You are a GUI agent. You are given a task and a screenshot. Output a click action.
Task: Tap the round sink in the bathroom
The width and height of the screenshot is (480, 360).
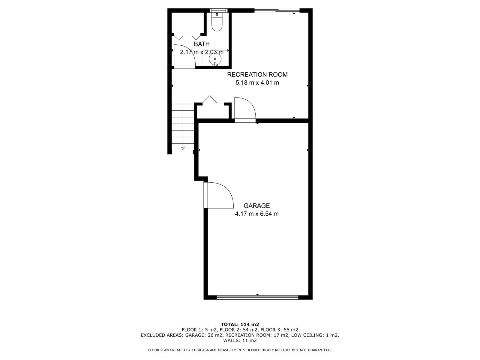[x=215, y=59]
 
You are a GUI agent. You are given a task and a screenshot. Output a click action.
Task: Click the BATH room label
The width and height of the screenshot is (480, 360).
[x=202, y=44]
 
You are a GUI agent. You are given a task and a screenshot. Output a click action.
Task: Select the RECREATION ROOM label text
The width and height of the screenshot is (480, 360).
[x=257, y=74]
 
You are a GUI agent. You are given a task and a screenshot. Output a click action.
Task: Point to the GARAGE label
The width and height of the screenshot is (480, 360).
[x=256, y=206]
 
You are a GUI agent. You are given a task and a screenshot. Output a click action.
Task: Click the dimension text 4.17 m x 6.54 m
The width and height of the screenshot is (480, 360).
[x=256, y=214]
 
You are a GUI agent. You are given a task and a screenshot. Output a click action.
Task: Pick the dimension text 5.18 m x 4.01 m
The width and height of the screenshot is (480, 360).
[x=257, y=83]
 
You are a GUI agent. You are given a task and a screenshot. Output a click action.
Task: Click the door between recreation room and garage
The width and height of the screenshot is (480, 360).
[x=244, y=109]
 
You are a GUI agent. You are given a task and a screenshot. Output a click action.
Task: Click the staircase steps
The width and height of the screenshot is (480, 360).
[x=183, y=126]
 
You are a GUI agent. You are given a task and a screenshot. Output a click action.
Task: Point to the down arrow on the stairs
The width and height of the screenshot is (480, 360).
[x=183, y=148]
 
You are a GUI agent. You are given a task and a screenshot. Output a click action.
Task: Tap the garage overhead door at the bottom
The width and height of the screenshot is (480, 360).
[x=257, y=297]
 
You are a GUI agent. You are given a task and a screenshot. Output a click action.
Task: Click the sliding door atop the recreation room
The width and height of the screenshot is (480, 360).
[x=277, y=11]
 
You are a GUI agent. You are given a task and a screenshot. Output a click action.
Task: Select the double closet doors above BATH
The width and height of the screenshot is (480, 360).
[x=187, y=37]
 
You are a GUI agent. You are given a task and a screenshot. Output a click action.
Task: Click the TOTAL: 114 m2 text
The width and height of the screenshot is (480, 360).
[x=240, y=324]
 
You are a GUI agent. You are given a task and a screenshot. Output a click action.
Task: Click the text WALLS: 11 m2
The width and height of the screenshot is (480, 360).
[x=240, y=340]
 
